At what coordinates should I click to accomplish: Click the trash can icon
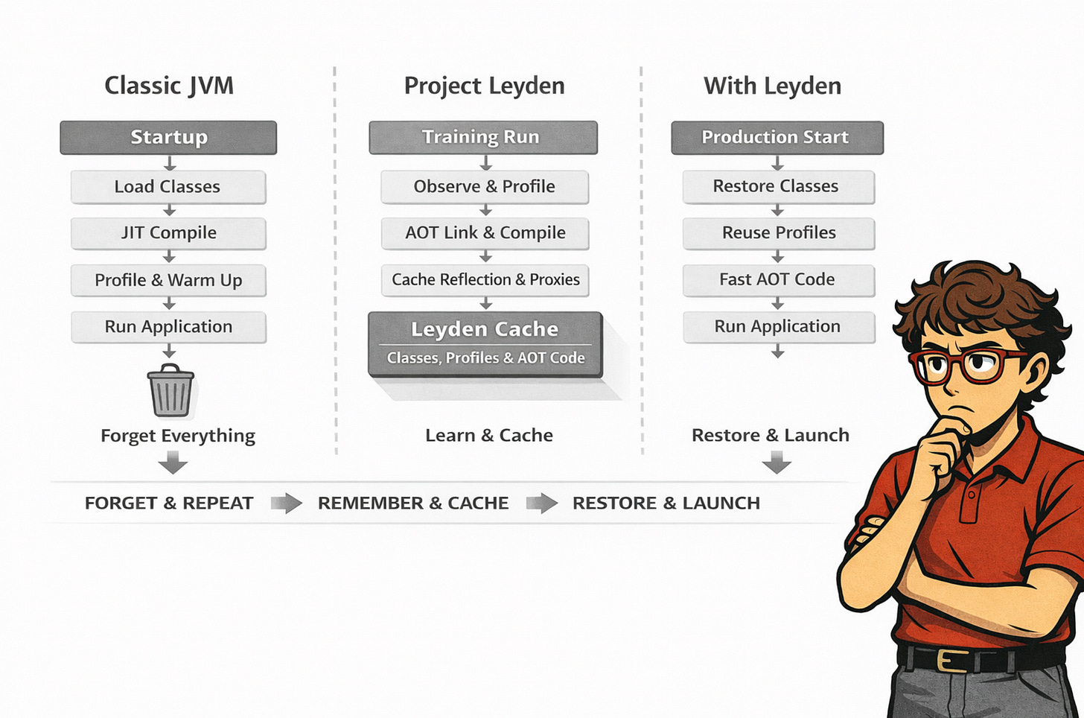click(x=170, y=390)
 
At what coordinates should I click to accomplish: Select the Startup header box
click(x=168, y=138)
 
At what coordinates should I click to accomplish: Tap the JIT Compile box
click(x=168, y=233)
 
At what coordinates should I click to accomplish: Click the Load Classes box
click(x=168, y=187)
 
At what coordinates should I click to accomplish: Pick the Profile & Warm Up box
click(x=168, y=281)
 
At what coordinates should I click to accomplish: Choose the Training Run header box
click(x=482, y=138)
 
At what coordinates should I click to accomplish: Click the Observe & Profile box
click(x=485, y=187)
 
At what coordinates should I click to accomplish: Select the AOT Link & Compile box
click(x=485, y=233)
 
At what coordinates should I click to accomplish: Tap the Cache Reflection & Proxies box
click(x=485, y=280)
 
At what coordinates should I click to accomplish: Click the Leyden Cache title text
click(x=485, y=329)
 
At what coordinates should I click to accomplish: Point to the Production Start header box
click(x=777, y=138)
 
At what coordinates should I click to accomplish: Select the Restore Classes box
click(x=778, y=187)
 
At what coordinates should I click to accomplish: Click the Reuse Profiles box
click(x=778, y=233)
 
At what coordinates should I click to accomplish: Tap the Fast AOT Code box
click(x=778, y=280)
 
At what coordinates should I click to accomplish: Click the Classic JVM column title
click(x=169, y=86)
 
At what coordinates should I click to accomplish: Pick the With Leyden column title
click(x=773, y=86)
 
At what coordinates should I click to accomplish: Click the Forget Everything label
click(x=178, y=436)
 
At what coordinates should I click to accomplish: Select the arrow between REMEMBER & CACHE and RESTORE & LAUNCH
click(x=541, y=503)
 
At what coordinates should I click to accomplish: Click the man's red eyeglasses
click(x=960, y=365)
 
